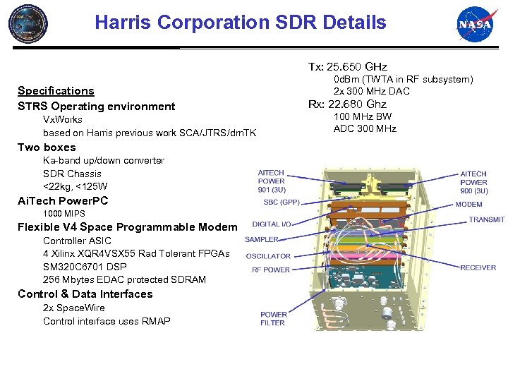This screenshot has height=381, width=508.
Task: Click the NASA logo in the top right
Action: tap(474, 25)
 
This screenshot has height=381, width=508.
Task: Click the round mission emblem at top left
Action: tap(28, 23)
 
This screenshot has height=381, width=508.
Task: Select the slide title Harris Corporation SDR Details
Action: tap(241, 23)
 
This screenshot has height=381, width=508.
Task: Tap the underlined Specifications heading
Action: tap(56, 90)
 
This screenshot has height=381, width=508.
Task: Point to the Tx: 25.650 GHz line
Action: tap(347, 66)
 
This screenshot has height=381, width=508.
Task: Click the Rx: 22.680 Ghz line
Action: tap(348, 104)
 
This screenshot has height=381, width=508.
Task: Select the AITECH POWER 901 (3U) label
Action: tap(272, 181)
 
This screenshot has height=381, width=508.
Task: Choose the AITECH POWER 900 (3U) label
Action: tap(473, 181)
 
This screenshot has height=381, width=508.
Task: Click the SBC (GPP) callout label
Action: tap(282, 202)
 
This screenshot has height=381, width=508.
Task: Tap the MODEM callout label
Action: tap(469, 204)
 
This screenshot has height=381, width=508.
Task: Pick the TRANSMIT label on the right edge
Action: tap(487, 220)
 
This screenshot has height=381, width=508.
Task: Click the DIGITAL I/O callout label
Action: tap(272, 224)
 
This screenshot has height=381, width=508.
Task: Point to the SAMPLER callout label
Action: tap(262, 240)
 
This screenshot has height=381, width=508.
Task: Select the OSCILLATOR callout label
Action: tap(268, 256)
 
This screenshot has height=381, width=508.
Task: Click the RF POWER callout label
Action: tap(271, 270)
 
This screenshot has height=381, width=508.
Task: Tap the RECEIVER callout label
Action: tap(478, 267)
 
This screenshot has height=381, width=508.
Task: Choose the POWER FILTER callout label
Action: tap(273, 318)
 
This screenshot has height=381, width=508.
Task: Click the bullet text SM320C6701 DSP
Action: tap(83, 267)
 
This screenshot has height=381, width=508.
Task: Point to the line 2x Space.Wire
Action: tap(74, 308)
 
